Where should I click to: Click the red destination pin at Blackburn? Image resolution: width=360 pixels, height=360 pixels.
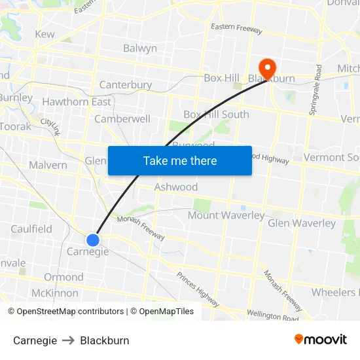[x=268, y=67]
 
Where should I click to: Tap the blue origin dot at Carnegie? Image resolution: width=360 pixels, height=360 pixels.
[x=93, y=240]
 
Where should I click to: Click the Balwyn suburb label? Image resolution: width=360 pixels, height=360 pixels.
[x=140, y=48]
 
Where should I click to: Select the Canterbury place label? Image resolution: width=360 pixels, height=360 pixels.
[x=125, y=85]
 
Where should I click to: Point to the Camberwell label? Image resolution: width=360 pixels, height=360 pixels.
[x=122, y=119]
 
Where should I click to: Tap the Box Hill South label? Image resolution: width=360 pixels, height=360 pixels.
[x=216, y=115]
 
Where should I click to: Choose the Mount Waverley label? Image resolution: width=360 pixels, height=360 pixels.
[x=226, y=215]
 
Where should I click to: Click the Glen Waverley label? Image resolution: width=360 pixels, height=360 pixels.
[x=301, y=223]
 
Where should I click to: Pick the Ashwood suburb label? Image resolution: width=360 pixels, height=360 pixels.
[x=175, y=187]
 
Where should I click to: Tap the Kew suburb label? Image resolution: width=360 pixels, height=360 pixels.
[x=45, y=34]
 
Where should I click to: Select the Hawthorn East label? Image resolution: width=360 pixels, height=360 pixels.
[x=77, y=102]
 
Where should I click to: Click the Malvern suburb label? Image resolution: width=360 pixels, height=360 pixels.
[x=48, y=165]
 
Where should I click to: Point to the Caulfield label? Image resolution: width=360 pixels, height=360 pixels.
[x=31, y=229]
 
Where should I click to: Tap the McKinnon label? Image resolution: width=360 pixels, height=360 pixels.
[x=54, y=293]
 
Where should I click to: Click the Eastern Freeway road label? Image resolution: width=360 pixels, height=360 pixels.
[x=236, y=30]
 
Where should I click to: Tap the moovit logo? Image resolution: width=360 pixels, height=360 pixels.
[x=320, y=340]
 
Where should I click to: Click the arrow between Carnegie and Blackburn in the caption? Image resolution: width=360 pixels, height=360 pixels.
[x=68, y=340]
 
